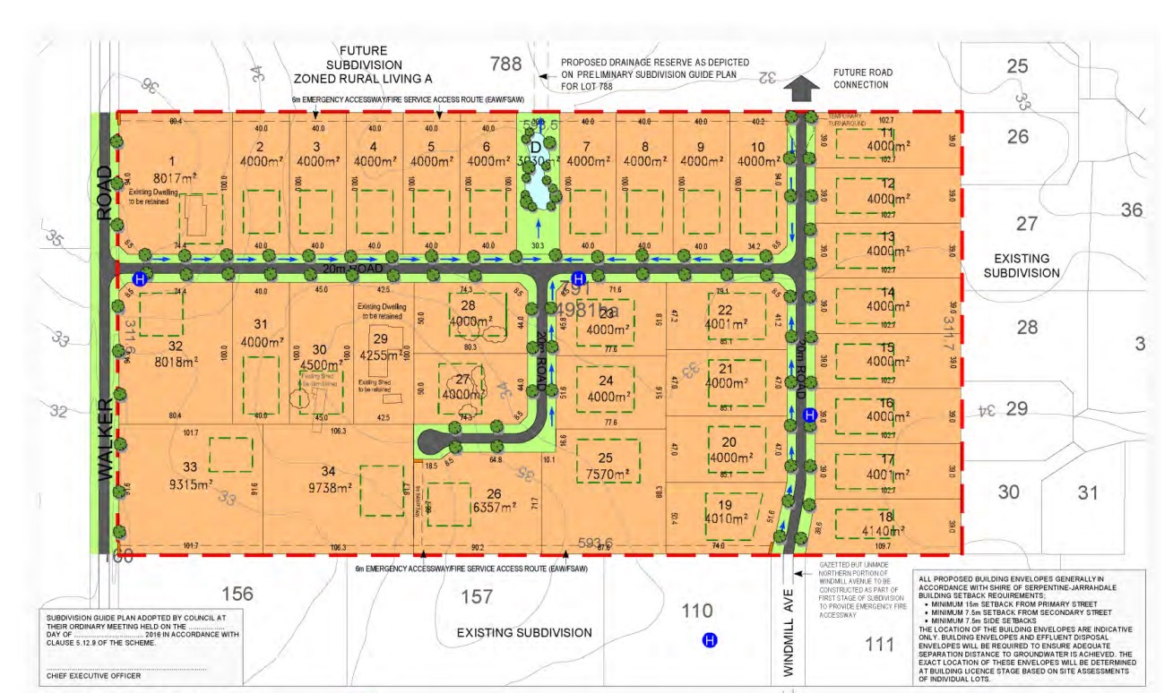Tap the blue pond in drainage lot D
[x=538, y=188]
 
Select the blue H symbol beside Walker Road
[x=138, y=278]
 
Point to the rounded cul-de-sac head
[x=428, y=441]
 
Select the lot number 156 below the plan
[x=237, y=594]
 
